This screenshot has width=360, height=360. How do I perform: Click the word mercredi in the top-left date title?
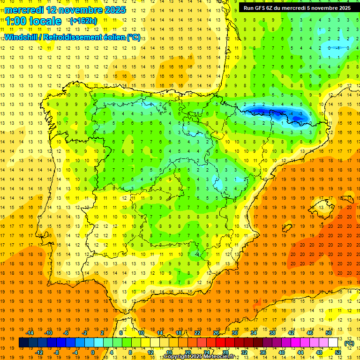[x=24, y=10]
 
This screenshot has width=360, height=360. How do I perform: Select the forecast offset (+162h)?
[x=83, y=21]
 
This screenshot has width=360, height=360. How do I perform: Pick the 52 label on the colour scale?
[x=338, y=352]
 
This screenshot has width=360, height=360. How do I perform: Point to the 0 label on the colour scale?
[x=93, y=352]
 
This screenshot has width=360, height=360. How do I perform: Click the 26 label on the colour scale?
[x=216, y=333]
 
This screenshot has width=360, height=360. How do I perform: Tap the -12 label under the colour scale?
[x=39, y=352]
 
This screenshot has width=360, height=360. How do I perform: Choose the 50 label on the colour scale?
[x=329, y=333]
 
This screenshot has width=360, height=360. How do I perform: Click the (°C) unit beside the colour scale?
[x=349, y=343]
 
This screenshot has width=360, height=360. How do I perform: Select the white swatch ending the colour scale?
[x=333, y=343]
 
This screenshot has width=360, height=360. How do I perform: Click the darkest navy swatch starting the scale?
[x=23, y=343]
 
